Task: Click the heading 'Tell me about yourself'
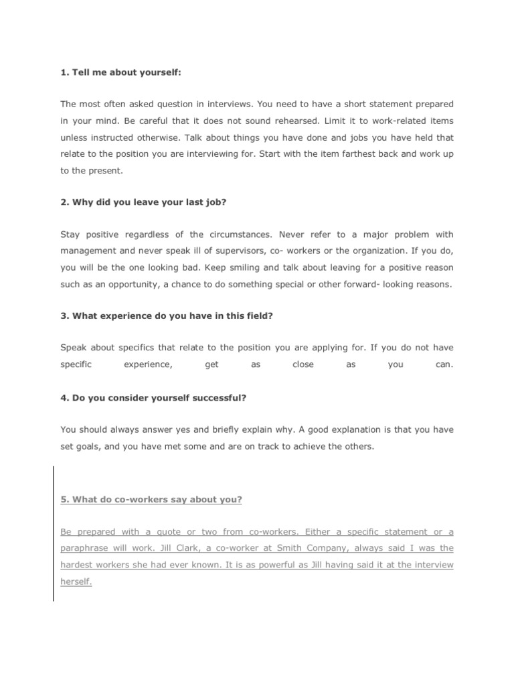coord(120,72)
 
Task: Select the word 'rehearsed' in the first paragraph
coord(304,121)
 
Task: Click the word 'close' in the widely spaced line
coord(303,365)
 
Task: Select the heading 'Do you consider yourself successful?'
coord(153,397)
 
